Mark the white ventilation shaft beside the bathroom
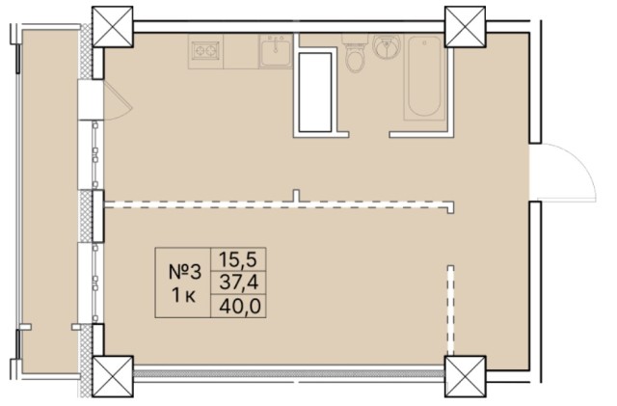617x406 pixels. (316, 95)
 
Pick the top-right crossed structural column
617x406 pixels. (465, 23)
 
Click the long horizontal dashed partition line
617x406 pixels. (280, 204)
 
